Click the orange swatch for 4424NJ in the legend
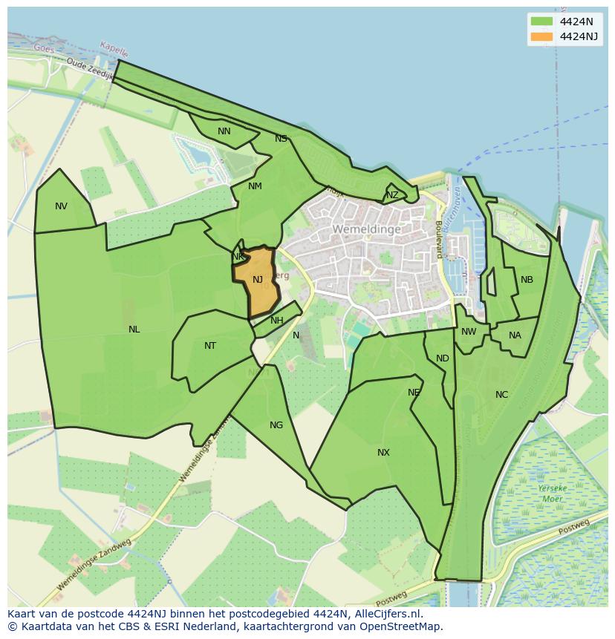tap(541, 36)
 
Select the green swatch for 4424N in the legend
tap(541, 21)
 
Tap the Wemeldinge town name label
tap(366, 229)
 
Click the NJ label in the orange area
tap(258, 280)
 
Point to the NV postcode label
tap(61, 206)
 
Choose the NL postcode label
tap(134, 330)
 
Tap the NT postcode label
tap(210, 346)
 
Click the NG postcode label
tap(276, 425)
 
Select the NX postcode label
tap(383, 453)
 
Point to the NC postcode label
tap(501, 395)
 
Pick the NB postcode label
tap(527, 280)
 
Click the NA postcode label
tap(515, 335)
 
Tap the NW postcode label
tap(469, 332)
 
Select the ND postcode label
tap(443, 358)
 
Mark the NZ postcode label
tap(392, 195)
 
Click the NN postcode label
tap(224, 131)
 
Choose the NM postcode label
tap(255, 186)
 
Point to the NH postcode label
tap(277, 321)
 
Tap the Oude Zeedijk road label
tap(89, 69)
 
